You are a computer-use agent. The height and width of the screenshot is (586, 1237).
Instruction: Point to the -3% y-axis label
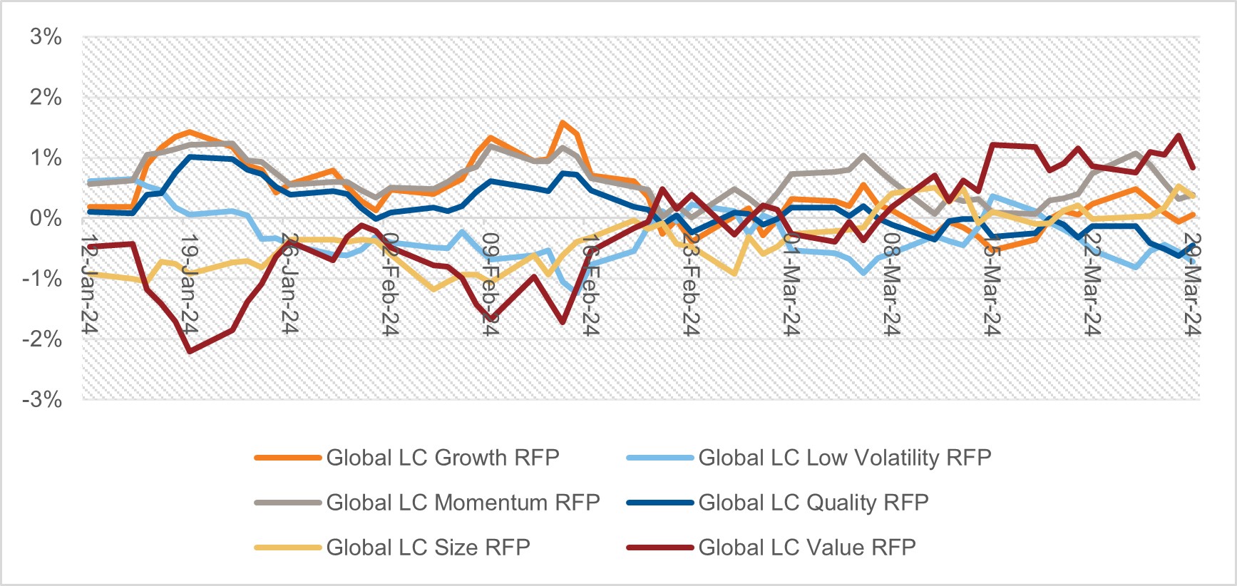pos(42,400)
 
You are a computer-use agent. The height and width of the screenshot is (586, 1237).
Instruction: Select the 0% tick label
pos(46,218)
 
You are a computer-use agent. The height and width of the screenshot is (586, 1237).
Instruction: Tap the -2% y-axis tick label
pos(42,339)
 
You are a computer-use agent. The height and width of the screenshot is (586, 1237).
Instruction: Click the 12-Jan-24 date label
pos(89,284)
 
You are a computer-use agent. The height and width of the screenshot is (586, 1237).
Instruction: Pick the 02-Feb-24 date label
pos(389,284)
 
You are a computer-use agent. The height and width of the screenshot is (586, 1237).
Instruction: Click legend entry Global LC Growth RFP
pos(442,458)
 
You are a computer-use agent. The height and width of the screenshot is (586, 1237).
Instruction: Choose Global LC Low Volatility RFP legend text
pos(844,458)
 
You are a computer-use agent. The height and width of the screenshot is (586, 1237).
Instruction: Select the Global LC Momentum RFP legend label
pos(463,503)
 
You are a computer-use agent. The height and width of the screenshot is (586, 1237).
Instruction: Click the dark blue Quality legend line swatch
pos(659,503)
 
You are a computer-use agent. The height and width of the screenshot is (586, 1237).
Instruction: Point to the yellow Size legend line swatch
pos(287,548)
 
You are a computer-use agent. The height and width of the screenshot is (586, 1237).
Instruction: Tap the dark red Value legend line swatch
pos(659,548)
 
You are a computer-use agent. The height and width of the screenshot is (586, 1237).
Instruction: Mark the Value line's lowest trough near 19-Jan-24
pos(190,351)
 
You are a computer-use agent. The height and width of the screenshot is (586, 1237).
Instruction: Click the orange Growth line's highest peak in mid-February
pos(562,123)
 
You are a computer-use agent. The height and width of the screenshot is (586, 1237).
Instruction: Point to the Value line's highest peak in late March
pos(1179,135)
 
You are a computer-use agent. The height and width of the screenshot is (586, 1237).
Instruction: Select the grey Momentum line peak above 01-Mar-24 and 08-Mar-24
pos(863,155)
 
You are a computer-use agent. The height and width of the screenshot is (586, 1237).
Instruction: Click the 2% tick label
pos(46,98)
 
